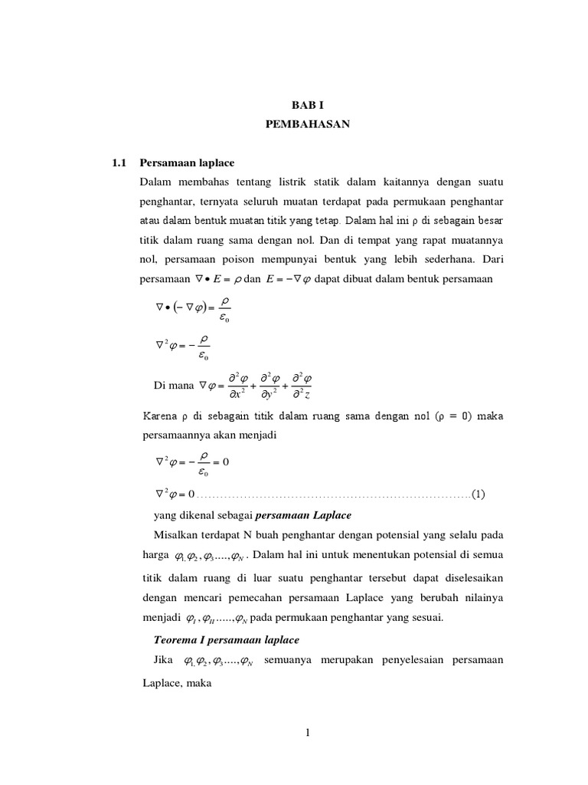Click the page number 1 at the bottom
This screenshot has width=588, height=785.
[308, 733]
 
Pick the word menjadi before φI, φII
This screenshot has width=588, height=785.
[161, 616]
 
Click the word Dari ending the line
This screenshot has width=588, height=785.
[492, 259]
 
